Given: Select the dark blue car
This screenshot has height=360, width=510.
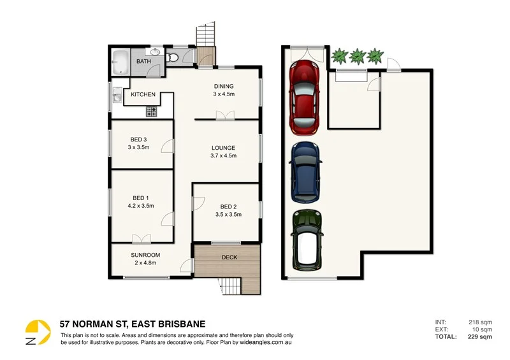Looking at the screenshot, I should pos(305,169).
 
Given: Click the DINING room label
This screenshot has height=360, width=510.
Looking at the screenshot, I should pos(223,86).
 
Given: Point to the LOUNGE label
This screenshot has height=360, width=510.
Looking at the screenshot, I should pos(224,148).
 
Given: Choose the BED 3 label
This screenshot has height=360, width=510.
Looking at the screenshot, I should pos(138,140).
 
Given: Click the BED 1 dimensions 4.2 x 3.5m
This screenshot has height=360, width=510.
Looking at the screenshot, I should pos(141,205).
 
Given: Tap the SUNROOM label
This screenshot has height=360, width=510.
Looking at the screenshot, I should pos(145,255).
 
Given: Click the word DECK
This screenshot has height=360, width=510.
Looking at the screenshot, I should pos(228,258).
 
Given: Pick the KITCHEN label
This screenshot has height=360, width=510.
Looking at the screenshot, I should pos(143,95).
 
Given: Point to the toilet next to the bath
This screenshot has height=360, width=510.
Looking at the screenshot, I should pos(173,59).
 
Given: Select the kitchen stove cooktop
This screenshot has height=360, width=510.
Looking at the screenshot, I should pos(152,112).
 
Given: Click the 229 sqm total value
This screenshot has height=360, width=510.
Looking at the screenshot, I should pos(480,337).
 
